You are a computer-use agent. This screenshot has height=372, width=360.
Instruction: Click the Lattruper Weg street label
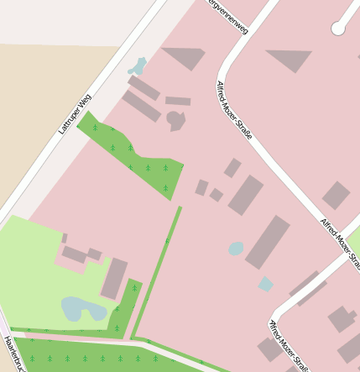point(74,113)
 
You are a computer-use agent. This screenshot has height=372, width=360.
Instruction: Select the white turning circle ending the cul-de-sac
point(338,29)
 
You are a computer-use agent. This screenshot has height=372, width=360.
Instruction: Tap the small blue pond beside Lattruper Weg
point(137,65)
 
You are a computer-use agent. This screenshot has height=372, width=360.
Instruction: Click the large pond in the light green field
point(82,309)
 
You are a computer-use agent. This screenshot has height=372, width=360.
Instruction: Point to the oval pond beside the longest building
point(237,249)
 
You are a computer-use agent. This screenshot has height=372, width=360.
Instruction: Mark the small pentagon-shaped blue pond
point(265,284)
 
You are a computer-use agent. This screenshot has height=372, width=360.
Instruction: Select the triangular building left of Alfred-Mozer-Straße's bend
point(185,57)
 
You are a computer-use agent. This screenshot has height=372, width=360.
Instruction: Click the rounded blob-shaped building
point(175,120)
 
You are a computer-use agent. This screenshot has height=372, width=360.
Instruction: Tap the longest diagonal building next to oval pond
point(268,242)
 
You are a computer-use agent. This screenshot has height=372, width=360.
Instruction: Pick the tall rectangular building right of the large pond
point(114,279)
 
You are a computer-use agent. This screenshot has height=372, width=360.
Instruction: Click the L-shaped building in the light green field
point(79,254)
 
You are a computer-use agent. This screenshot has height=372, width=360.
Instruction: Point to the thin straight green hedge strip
point(158,269)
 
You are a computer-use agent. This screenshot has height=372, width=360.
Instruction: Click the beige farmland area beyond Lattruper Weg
point(42,101)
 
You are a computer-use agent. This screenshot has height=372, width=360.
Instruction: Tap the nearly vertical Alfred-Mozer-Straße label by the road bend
point(234,110)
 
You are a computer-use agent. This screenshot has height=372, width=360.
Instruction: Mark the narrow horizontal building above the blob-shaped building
point(178,101)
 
